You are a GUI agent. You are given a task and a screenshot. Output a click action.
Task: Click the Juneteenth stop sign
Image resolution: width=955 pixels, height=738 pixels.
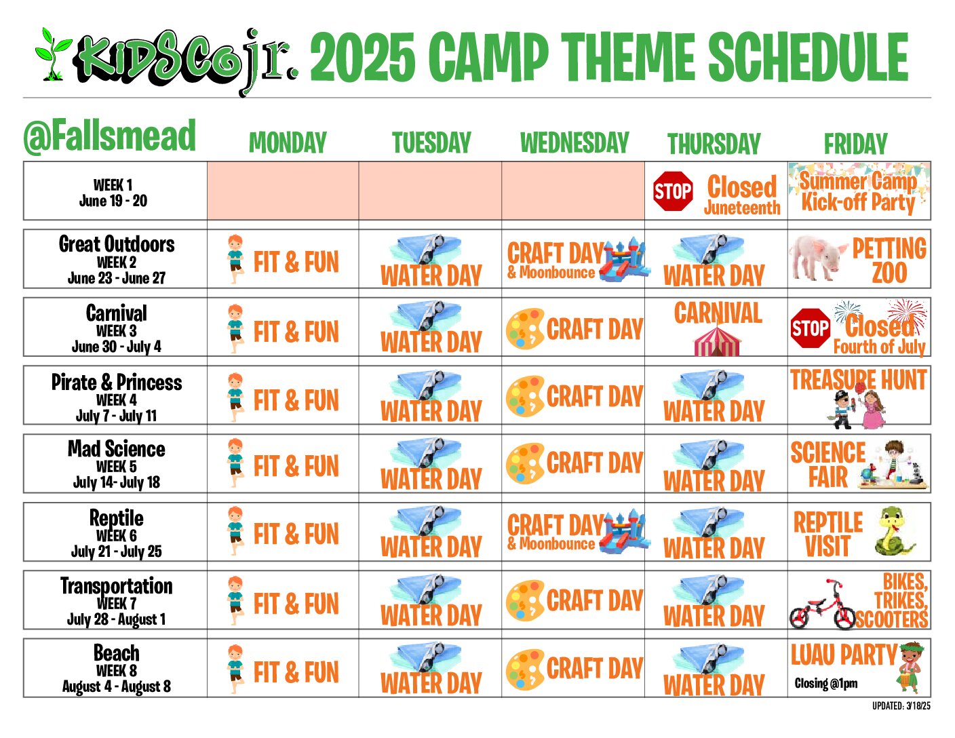[x=672, y=191]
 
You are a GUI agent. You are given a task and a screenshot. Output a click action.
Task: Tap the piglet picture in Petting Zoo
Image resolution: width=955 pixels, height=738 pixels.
[x=817, y=258]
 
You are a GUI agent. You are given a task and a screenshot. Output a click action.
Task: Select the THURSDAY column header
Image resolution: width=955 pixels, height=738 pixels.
[x=714, y=143]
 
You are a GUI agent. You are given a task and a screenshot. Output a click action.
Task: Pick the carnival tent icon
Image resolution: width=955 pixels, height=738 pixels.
[x=717, y=341]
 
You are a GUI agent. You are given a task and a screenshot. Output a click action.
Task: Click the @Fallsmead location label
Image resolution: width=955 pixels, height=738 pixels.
[x=109, y=136]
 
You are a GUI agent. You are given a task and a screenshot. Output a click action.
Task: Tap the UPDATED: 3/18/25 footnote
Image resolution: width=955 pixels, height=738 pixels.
[x=901, y=706]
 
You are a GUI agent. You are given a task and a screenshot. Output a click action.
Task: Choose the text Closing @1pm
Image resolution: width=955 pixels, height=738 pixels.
[x=826, y=684]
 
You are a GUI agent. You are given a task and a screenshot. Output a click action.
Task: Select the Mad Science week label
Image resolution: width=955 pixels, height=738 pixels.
[x=117, y=464]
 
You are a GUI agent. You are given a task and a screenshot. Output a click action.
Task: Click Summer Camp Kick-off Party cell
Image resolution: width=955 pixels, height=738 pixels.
[x=859, y=191]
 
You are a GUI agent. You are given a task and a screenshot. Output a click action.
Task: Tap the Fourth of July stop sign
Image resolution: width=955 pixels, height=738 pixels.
[x=811, y=328]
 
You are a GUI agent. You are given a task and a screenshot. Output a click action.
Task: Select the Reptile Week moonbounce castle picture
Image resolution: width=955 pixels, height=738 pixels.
[x=624, y=532]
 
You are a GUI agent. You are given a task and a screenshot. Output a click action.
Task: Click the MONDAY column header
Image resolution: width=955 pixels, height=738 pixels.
[x=288, y=142]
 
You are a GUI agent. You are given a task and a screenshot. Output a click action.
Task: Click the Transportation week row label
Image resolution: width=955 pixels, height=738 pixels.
[x=117, y=601]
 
